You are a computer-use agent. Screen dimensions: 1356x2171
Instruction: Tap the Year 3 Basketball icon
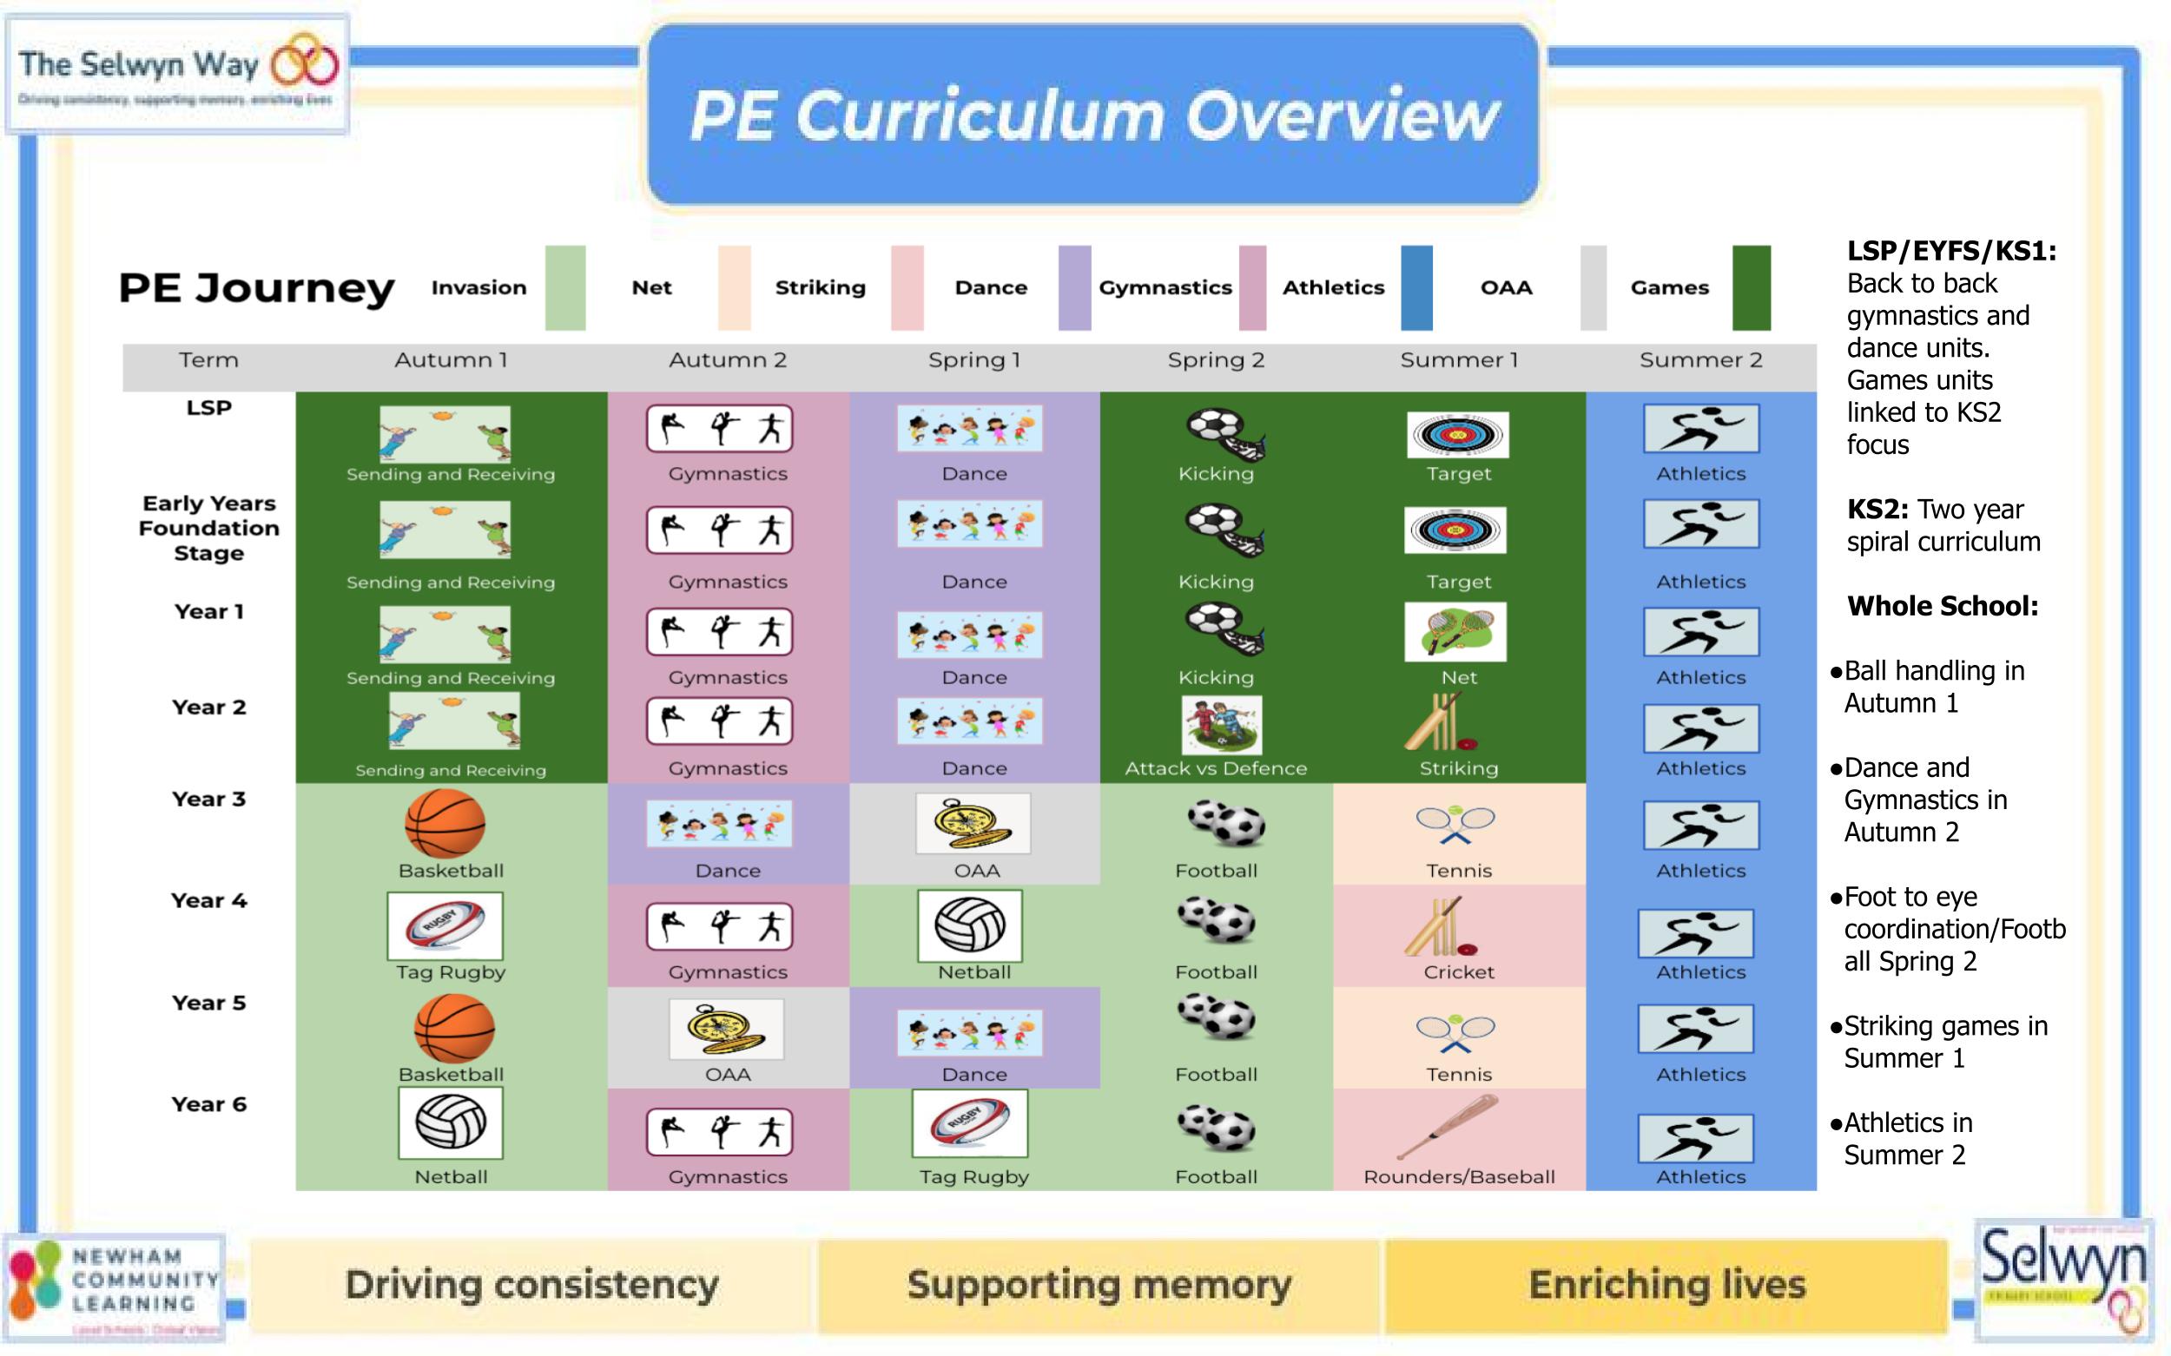pos(445,823)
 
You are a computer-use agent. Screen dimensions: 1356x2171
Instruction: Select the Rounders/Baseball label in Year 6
pos(1459,1176)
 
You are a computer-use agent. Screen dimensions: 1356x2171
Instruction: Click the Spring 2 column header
pos(1216,360)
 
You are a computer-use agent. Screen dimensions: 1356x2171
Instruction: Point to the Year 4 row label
pos(208,900)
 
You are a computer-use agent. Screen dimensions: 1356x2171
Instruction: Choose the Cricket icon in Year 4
pos(1441,928)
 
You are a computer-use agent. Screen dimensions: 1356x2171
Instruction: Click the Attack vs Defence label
pos(1216,768)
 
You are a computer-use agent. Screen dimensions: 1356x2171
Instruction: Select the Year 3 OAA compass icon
pos(973,823)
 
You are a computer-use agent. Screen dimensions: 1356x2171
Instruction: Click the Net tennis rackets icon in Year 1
pos(1455,632)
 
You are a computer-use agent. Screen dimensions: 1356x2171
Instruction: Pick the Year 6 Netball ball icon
pos(451,1122)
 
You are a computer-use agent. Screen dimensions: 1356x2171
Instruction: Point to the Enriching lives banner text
pos(1666,1284)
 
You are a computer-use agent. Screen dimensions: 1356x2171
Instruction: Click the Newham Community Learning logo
pos(114,1284)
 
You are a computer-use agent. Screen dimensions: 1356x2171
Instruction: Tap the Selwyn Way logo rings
pos(305,63)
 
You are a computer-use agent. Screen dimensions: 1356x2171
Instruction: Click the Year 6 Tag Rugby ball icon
pos(970,1122)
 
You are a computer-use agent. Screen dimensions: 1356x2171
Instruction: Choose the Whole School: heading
pos(1943,606)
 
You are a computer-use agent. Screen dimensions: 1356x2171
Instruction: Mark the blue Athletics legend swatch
pos(1416,288)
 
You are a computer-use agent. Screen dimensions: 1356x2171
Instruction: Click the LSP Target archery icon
pos(1457,435)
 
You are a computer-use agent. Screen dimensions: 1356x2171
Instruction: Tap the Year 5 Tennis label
pos(1459,1075)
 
